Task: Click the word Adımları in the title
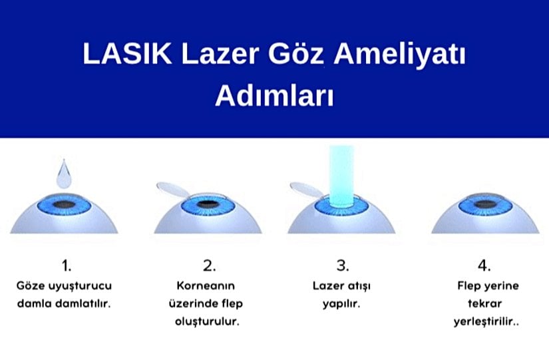[274, 94]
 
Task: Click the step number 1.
[66, 266]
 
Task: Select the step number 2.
[209, 266]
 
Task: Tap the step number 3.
[342, 266]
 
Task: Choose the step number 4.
[484, 266]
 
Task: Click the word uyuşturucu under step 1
[85, 286]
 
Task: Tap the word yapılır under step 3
[342, 303]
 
